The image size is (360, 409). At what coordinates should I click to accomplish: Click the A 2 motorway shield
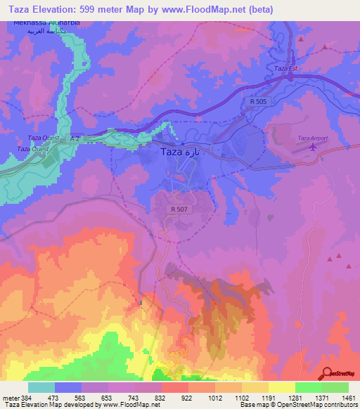75,138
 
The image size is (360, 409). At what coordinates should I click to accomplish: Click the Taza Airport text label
313,138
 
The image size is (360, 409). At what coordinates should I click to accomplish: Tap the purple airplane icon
312,148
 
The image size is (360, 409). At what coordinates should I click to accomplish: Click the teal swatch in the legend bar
41,387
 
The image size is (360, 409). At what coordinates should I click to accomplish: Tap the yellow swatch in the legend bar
281,387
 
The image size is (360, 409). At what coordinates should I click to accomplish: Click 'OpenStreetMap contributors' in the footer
320,405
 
